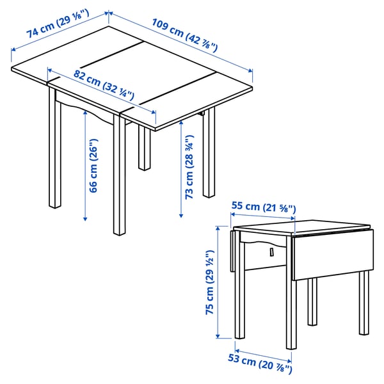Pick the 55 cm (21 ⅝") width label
(x=263, y=207)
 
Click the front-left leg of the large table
(x=55, y=154)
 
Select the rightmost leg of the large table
(x=209, y=154)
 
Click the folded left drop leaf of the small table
(x=231, y=252)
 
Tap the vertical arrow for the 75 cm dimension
(x=217, y=281)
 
